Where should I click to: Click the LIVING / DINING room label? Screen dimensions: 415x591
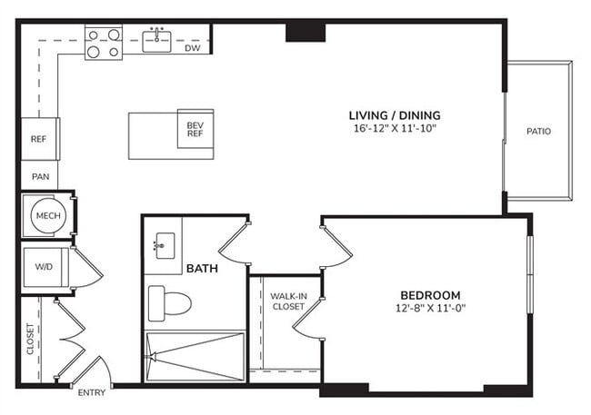point(395,115)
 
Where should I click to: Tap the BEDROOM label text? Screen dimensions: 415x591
point(430,295)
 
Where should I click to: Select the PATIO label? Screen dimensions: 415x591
point(538,132)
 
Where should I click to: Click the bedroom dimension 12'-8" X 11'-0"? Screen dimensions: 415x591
point(430,309)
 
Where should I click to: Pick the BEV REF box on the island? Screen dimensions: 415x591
point(195,131)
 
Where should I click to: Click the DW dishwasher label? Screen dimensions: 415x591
point(193,48)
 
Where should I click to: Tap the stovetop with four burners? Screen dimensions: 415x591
point(104,44)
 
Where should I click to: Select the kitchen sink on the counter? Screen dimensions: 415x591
point(158,37)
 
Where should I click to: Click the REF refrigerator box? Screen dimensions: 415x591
point(38,139)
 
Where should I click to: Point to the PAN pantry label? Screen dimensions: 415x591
point(40,176)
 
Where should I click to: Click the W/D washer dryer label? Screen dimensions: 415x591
point(43,268)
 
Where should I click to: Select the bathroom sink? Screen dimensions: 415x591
point(165,243)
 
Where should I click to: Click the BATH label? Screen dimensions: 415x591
point(202,270)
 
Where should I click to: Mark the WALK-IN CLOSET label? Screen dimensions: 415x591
point(288,301)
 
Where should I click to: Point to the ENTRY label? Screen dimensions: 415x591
point(92,392)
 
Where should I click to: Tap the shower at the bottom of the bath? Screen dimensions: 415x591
point(195,357)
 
